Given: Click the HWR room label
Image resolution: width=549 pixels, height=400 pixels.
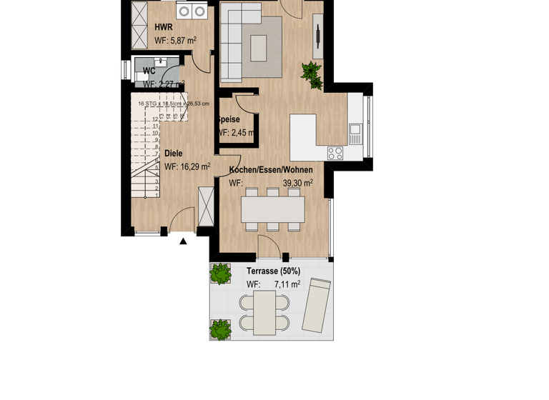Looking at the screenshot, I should point(164,27).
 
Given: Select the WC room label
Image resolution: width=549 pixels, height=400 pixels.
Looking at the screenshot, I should point(149,71).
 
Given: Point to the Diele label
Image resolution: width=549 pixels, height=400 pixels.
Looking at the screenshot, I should point(174,153).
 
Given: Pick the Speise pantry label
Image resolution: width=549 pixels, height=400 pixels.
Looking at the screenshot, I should point(229,119).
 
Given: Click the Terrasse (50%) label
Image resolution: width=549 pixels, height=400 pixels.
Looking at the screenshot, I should point(273,271).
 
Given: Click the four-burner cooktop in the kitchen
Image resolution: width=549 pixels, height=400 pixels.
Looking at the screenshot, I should point(335,152).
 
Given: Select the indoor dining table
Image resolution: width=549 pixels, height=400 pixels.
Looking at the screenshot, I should point(272,209).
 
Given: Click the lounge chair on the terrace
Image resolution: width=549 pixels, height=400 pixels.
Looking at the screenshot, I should point(316,305).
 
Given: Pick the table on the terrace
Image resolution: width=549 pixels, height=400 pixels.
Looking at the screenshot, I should point(264,314).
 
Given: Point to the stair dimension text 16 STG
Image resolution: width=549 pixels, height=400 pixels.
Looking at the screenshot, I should point(149,104).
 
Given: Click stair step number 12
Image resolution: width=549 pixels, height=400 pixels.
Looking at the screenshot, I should point(155,119).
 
